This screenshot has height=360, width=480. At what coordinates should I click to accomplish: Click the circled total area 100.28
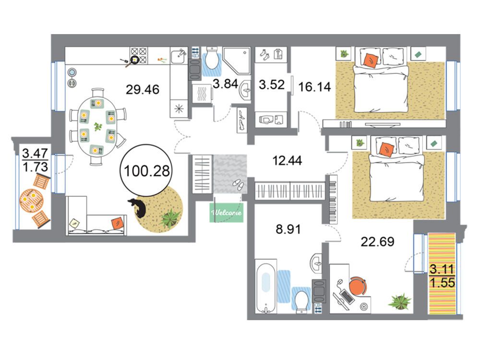tap(147, 170)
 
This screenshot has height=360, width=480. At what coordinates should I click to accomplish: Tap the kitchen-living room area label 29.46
tap(143, 89)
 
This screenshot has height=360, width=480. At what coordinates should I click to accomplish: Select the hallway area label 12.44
tap(287, 160)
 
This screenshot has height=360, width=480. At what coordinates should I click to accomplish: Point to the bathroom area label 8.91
tap(288, 229)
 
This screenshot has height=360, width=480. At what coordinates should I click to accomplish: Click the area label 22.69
tap(377, 241)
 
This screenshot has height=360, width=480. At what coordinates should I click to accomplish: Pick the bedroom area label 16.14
tap(315, 87)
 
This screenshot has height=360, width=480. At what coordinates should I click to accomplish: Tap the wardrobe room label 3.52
tap(272, 84)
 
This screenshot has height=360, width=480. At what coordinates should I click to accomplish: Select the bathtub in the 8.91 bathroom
tap(266, 286)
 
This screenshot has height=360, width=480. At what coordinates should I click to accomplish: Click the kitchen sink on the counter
tap(178, 56)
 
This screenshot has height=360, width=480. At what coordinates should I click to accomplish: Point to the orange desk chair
tap(357, 286)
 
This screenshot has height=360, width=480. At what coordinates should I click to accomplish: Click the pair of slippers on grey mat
tap(238, 185)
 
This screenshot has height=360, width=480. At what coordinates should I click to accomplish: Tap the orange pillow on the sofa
tap(117, 223)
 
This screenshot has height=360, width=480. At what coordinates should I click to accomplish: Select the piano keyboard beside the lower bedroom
tap(333, 199)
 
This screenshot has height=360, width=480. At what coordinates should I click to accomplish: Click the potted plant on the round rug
tap(169, 218)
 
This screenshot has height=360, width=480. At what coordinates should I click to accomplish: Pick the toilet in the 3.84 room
tap(212, 59)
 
